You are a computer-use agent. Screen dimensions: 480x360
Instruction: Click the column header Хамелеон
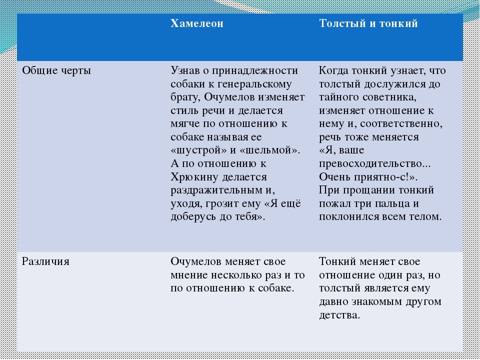197,23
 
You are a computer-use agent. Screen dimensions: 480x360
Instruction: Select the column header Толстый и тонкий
368,23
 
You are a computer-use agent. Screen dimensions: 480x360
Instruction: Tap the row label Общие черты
56,70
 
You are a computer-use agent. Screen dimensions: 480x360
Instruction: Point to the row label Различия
45,261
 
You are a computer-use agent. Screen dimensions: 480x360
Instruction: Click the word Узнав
184,70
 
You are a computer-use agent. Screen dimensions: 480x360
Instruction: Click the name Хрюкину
194,177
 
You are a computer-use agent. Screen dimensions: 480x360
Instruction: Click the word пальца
393,204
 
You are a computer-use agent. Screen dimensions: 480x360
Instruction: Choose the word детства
339,315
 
